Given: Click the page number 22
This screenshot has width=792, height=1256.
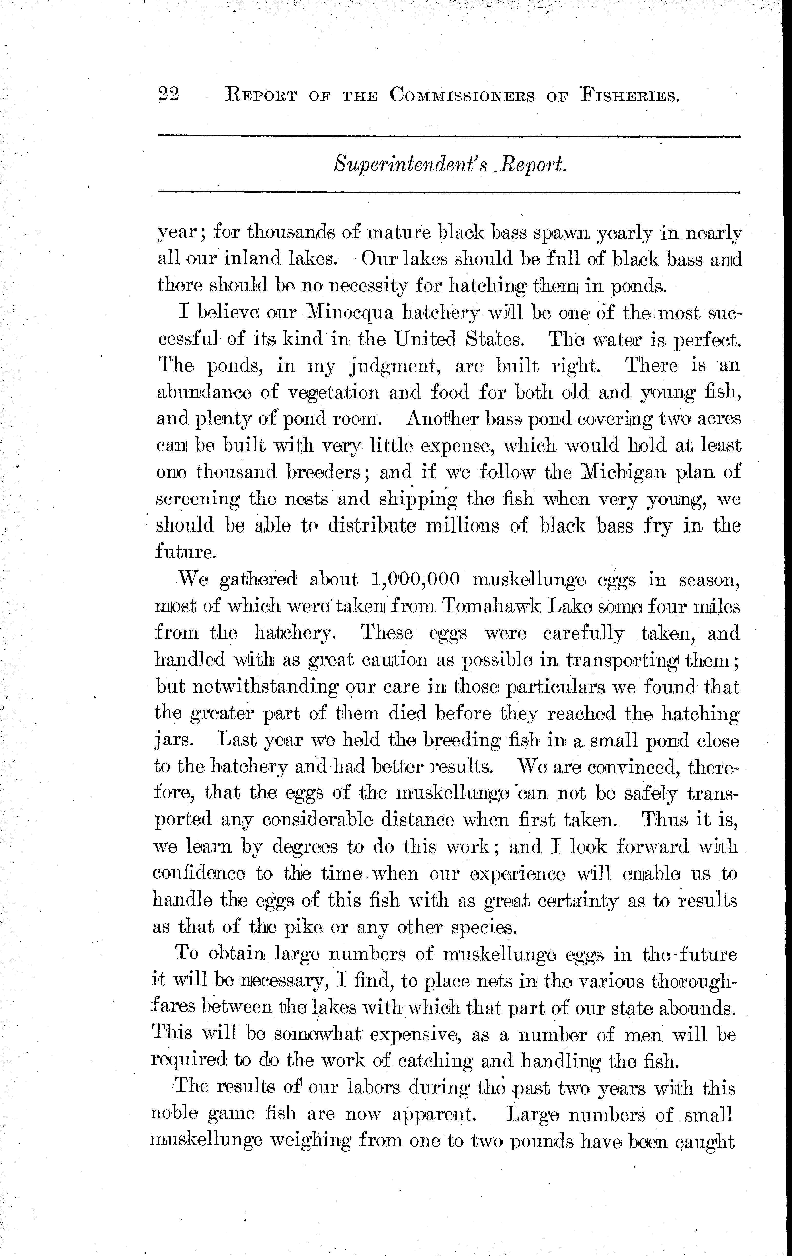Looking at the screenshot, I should coord(168,95).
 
